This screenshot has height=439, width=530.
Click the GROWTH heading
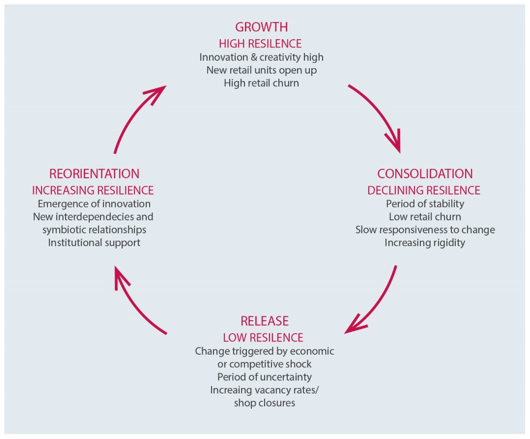point(261,27)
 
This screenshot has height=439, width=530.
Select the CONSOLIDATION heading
point(425,174)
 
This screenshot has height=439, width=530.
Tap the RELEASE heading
point(264,321)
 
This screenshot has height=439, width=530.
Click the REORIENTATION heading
point(94,174)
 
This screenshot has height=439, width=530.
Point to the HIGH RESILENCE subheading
point(260,44)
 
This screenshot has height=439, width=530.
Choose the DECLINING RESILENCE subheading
point(424,190)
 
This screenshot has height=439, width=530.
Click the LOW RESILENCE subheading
point(263,338)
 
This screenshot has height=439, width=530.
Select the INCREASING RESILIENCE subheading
point(93,190)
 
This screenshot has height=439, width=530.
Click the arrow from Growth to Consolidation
point(378,113)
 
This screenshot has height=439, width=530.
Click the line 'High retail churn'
point(261,83)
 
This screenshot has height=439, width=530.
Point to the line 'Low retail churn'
point(425,217)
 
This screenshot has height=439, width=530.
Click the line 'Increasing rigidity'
point(425,242)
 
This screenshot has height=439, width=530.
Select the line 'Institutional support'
point(94,242)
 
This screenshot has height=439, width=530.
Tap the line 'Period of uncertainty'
point(264,377)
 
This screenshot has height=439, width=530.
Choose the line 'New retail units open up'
point(261,70)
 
